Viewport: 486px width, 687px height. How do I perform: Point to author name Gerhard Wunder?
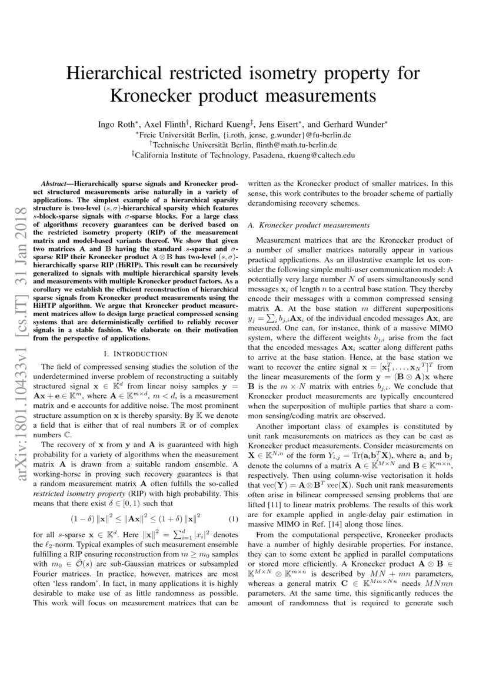(x=355, y=124)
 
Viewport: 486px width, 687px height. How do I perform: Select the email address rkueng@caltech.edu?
(x=321, y=155)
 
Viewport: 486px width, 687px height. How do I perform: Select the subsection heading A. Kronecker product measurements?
(x=309, y=225)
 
